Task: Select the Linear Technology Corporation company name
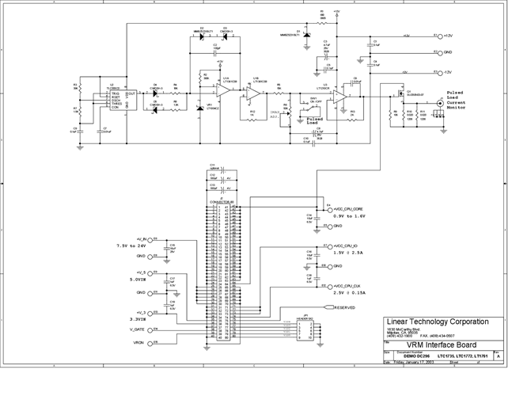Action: click(437, 322)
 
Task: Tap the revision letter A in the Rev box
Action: click(496, 356)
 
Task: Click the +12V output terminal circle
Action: click(436, 36)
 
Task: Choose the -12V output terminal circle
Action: click(436, 72)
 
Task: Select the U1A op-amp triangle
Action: click(225, 90)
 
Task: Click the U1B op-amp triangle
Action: click(252, 92)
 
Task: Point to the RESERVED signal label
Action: click(344, 307)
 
